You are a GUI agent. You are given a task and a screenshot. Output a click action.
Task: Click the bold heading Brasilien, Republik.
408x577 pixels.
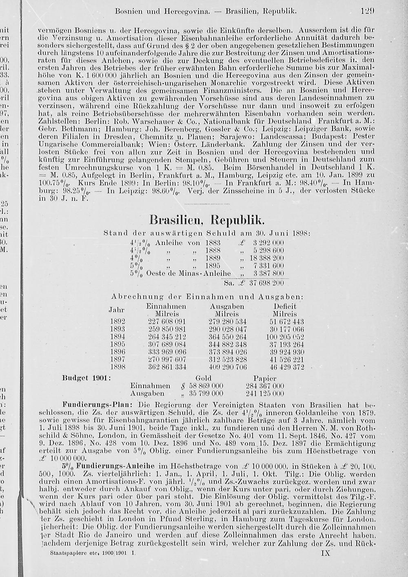pos(207,222)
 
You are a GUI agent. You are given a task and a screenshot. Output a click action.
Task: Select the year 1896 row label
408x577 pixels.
pos(118,352)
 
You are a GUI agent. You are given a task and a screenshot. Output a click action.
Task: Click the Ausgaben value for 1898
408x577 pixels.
pos(227,367)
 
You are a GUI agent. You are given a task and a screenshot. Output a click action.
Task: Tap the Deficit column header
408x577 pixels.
pos(285,306)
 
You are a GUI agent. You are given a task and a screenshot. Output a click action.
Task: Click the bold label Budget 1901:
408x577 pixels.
pos(86,378)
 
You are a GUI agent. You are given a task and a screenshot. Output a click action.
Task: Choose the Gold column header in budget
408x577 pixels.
pos(204,378)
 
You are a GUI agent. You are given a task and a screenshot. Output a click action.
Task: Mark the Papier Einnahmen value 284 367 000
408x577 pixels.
pos(265,386)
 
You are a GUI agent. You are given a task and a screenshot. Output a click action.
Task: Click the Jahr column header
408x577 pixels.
pos(118,310)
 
